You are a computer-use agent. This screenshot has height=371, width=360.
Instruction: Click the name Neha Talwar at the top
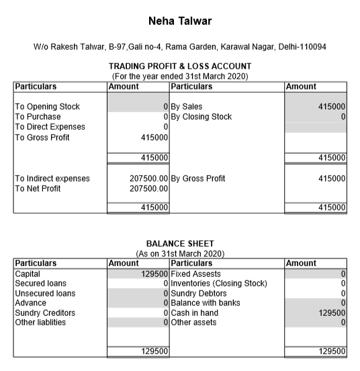pos(179,22)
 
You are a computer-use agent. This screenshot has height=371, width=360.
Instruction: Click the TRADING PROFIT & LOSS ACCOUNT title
pos(179,67)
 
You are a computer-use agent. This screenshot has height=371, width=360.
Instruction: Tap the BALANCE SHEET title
pos(179,243)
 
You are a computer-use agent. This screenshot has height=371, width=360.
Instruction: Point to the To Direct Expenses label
pos(50,126)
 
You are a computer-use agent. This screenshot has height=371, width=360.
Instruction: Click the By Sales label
pos(186,106)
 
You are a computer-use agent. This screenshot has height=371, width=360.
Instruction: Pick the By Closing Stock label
pos(201,116)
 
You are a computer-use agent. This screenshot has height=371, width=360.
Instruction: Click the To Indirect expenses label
pos(52,178)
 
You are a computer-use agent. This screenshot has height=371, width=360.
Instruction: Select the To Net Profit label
pos(40,188)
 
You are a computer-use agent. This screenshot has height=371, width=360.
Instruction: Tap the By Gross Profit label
pos(197,178)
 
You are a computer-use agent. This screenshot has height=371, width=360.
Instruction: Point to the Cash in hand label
pos(195,313)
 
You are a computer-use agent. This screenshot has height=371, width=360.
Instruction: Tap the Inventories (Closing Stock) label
pos(219,283)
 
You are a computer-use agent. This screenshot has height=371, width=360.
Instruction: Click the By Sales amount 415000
pos(332,106)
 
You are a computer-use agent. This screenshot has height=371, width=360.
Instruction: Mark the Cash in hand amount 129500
pos(332,313)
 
